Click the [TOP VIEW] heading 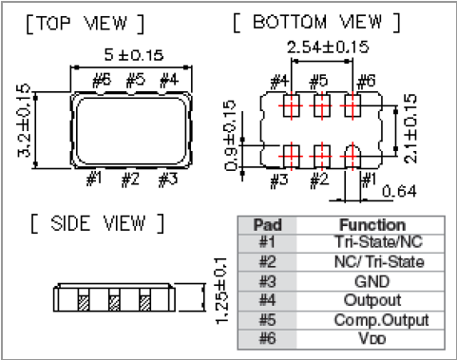[x=86, y=23]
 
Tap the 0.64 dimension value [x=406, y=193]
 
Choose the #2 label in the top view [x=131, y=178]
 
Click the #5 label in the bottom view [x=318, y=82]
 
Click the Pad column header [x=265, y=226]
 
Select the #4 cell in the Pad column [x=265, y=301]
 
